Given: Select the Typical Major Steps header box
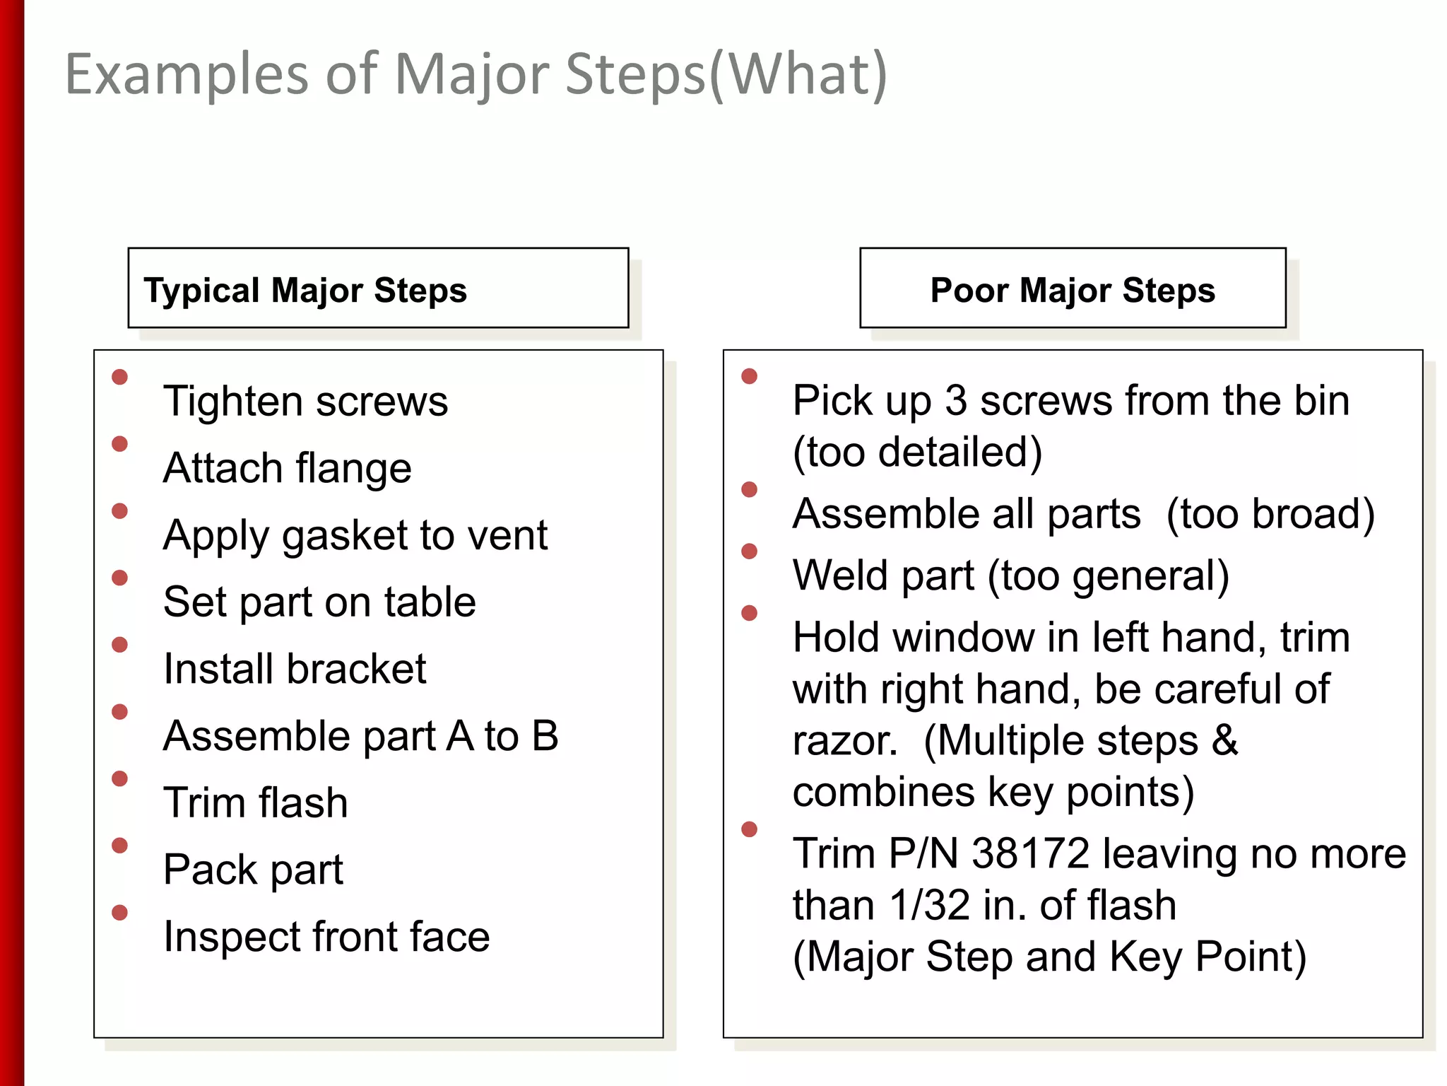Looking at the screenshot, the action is pos(378,288).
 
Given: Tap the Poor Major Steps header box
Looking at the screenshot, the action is pos(1073,288).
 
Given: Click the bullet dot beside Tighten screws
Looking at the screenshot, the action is pos(120,377).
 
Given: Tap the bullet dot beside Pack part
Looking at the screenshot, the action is pos(120,846).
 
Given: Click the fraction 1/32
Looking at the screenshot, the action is pos(930,905).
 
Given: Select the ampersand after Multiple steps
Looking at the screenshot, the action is pos(1225,740).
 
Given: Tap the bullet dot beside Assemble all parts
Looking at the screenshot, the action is pos(750,489).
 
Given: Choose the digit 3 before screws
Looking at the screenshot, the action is pos(956,401).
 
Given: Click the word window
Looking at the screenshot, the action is pos(965,637).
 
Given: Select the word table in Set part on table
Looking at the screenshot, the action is pos(430,602).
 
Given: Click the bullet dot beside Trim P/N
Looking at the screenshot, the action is pos(750,829).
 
